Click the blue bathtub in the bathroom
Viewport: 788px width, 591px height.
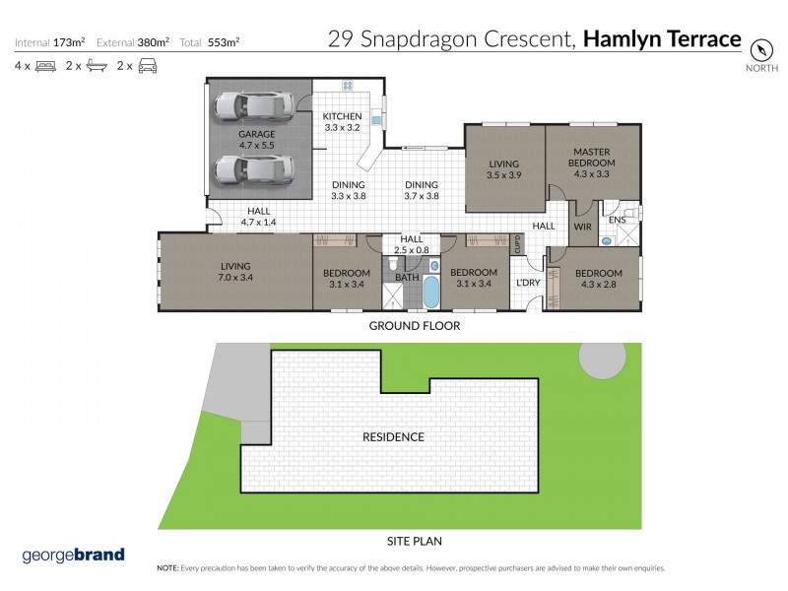coord(430,295)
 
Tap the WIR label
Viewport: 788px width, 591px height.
coord(582,227)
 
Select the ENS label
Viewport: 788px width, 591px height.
coord(617,220)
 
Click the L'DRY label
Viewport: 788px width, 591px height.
coord(529,284)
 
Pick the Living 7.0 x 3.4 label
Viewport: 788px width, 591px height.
coord(235,271)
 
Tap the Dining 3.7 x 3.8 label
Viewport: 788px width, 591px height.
coord(422,190)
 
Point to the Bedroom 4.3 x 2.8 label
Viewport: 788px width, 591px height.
coord(599,279)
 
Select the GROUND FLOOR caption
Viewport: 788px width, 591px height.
coord(414,325)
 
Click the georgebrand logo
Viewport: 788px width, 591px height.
coord(74,555)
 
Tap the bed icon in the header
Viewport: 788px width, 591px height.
coord(45,66)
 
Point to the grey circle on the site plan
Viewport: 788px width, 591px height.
coord(601,360)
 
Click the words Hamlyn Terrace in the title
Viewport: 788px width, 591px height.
coord(662,39)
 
